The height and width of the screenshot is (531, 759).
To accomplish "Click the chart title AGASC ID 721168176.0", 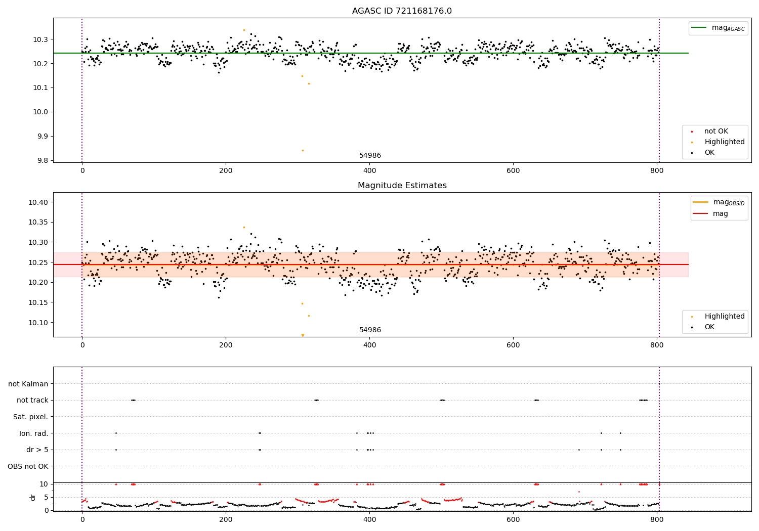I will tap(402, 11).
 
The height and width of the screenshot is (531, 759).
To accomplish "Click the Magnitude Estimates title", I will tap(402, 186).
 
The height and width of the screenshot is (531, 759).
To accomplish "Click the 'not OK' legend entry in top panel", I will tap(716, 131).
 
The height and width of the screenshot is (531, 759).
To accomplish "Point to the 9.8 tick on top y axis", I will tap(41, 160).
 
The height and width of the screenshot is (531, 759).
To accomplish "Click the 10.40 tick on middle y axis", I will tap(38, 202).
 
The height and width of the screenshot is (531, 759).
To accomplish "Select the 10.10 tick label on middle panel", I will tap(38, 323).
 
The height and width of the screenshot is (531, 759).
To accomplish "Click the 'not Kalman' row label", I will tap(28, 384).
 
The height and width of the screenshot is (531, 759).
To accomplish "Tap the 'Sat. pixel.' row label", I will tap(31, 417).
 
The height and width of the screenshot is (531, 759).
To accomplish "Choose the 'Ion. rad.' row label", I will tap(34, 433).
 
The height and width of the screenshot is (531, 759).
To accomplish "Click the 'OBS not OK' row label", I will tap(28, 466).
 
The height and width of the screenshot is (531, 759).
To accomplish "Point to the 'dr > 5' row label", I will tap(37, 450).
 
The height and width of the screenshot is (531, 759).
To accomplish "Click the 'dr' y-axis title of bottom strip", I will tap(33, 497).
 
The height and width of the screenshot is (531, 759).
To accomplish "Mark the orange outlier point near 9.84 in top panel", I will tap(303, 150).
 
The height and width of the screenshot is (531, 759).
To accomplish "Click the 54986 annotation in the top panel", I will tap(370, 156).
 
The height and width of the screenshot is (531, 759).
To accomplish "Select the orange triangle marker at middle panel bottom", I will tap(303, 335).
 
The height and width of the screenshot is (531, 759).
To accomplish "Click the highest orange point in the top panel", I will tap(244, 30).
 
